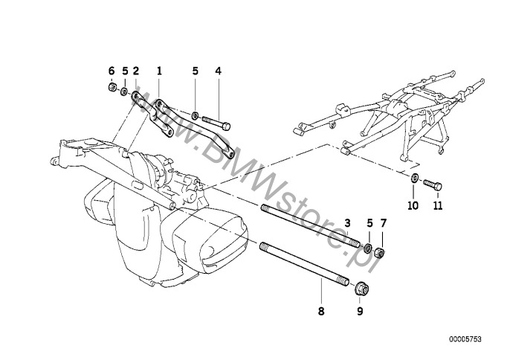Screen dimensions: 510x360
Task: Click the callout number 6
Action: click(112, 71)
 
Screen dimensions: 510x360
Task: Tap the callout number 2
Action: click(135, 71)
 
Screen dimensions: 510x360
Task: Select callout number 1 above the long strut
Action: click(159, 71)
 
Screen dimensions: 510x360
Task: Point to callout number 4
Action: click(219, 71)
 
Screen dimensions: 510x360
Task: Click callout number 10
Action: click(413, 206)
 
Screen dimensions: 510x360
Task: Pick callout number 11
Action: click(438, 206)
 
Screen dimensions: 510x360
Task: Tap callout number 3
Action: click(348, 223)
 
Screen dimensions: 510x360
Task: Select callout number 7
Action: click(383, 223)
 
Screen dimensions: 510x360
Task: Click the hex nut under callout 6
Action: click(112, 87)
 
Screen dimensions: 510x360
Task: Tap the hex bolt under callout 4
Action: click(216, 123)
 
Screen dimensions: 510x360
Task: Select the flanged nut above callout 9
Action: click(361, 289)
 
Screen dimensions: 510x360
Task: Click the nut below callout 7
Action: click(379, 253)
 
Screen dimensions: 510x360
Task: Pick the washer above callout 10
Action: click(415, 178)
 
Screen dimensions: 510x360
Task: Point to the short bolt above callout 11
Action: click(433, 185)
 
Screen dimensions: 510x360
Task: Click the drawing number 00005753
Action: click(465, 339)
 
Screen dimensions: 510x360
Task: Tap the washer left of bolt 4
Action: click(195, 115)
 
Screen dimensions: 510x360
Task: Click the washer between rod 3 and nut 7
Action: click(368, 248)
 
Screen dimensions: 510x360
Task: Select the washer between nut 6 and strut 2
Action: click(124, 91)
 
